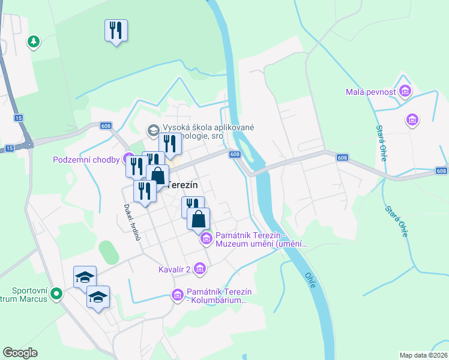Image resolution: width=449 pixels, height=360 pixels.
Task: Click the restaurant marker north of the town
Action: (x=116, y=30)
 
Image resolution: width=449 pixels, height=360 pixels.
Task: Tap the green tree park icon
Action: (x=34, y=42)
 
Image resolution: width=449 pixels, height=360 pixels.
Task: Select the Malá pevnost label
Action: (x=371, y=92)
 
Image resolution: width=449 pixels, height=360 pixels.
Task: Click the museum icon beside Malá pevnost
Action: (x=405, y=91)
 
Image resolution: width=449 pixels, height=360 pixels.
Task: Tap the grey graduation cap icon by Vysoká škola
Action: (x=153, y=130)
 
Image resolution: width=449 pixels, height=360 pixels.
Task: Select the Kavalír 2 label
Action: (x=175, y=269)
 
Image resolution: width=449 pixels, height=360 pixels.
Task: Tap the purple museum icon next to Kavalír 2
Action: (x=200, y=270)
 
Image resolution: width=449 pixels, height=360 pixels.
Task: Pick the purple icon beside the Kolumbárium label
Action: (x=177, y=295)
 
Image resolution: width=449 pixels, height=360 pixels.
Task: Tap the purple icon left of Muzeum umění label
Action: (x=206, y=239)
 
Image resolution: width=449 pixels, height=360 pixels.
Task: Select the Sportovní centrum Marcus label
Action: (x=24, y=294)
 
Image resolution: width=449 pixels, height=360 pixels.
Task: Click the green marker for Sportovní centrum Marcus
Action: (x=56, y=294)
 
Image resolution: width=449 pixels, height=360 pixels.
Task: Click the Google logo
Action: (x=20, y=352)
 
